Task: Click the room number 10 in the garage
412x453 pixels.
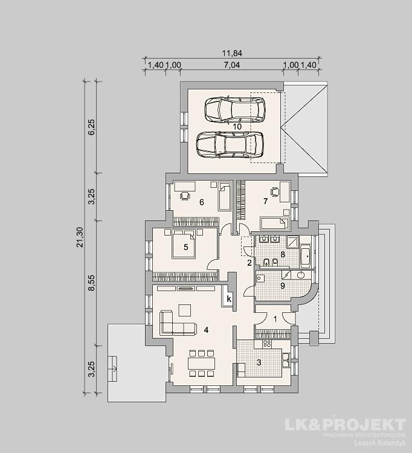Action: click(237, 127)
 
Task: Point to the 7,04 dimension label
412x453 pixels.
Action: click(232, 65)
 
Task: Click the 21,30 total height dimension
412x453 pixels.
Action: click(80, 237)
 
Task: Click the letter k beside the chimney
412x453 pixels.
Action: click(229, 299)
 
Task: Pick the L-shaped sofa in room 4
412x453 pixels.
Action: click(178, 323)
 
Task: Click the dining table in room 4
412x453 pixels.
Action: click(202, 364)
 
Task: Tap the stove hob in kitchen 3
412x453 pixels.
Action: click(266, 344)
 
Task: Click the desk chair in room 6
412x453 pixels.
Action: click(185, 196)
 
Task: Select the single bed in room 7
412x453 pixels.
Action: click(274, 223)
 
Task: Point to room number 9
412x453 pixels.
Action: click(283, 286)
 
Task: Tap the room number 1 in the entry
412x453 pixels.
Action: click(275, 320)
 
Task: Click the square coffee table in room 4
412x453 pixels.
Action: click(185, 310)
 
